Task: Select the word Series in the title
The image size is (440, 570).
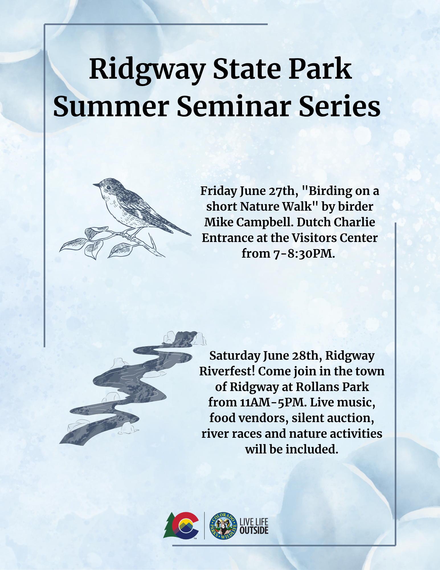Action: tap(340, 106)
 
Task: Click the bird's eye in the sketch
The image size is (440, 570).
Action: tap(109, 187)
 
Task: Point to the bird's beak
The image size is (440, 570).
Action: tap(96, 185)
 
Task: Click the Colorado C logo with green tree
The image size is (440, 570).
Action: tap(181, 526)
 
